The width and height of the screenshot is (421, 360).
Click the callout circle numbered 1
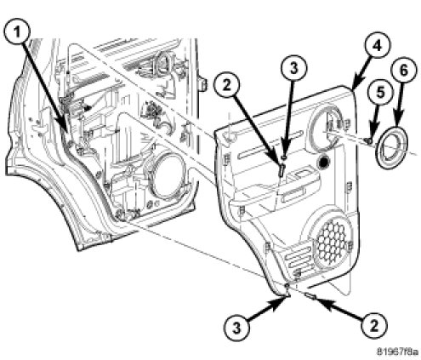pyautogui.click(x=17, y=32)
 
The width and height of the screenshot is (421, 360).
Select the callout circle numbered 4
pyautogui.click(x=377, y=45)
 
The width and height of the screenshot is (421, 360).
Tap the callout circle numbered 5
pyautogui.click(x=381, y=93)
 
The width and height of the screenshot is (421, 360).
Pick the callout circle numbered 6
pyautogui.click(x=404, y=70)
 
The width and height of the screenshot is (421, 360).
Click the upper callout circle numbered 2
pyautogui.click(x=226, y=85)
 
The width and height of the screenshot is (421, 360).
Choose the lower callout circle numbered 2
pyautogui.click(x=374, y=325)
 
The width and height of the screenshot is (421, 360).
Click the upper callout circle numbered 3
pyautogui.click(x=293, y=68)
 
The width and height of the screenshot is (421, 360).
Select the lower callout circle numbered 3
pyautogui.click(x=236, y=328)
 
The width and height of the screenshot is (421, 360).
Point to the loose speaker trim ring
pyautogui.click(x=392, y=148)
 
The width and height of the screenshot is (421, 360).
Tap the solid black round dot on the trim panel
pyautogui.click(x=323, y=161)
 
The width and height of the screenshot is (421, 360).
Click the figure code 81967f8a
pyautogui.click(x=397, y=351)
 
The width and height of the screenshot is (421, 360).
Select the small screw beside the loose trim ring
pyautogui.click(x=368, y=140)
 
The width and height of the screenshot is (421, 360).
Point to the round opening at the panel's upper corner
pyautogui.click(x=326, y=129)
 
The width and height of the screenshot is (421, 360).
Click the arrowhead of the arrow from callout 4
pyautogui.click(x=355, y=85)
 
